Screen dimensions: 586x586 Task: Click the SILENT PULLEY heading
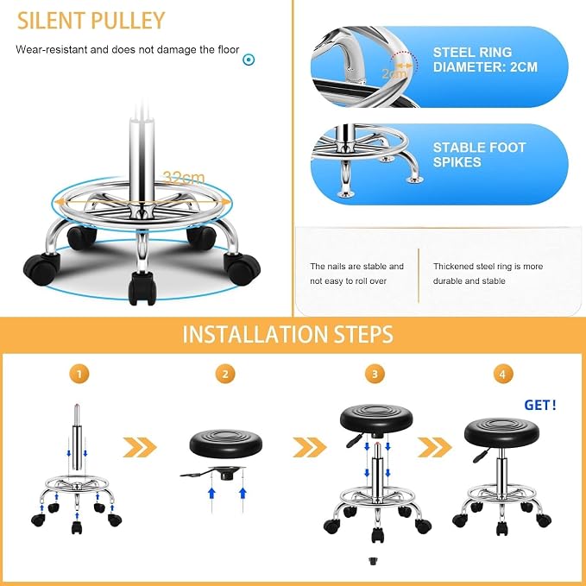pos(91,21)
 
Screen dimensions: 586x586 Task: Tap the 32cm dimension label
pos(184,178)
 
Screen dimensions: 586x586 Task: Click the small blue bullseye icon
pos(249,60)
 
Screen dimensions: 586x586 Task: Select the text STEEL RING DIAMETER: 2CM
pos(485,60)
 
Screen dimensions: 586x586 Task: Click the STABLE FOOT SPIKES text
pos(479,154)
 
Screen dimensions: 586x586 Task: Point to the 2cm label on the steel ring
pos(394,73)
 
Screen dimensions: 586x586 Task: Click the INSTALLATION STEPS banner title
pos(287,334)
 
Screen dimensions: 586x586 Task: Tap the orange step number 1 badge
pos(79,374)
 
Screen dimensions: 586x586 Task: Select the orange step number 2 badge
pos(225,374)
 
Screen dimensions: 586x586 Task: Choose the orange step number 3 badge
pos(375,374)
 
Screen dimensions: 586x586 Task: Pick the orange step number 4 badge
pos(503,374)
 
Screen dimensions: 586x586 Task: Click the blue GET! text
pos(540,405)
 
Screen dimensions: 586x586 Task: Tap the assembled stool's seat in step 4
pos(501,433)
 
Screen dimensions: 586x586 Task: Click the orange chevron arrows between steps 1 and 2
pos(140,447)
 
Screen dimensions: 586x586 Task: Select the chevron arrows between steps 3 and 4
pos(435,447)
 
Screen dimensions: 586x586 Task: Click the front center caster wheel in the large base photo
pos(141,288)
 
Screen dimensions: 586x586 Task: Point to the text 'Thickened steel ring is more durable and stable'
pos(488,274)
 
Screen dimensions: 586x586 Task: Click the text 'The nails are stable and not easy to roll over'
pos(356,274)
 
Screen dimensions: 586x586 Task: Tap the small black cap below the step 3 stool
pos(373,560)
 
